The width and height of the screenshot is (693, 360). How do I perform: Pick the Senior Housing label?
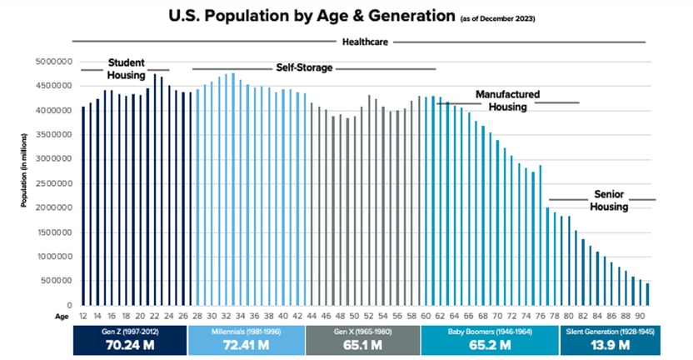(609, 200)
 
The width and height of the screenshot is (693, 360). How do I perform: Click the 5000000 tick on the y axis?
(51, 62)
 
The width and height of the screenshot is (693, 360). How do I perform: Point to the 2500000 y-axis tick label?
(51, 183)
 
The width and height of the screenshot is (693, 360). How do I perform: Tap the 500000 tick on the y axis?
(53, 281)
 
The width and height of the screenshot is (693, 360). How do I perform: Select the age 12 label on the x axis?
(83, 316)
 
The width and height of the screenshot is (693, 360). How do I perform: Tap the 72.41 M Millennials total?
(246, 346)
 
